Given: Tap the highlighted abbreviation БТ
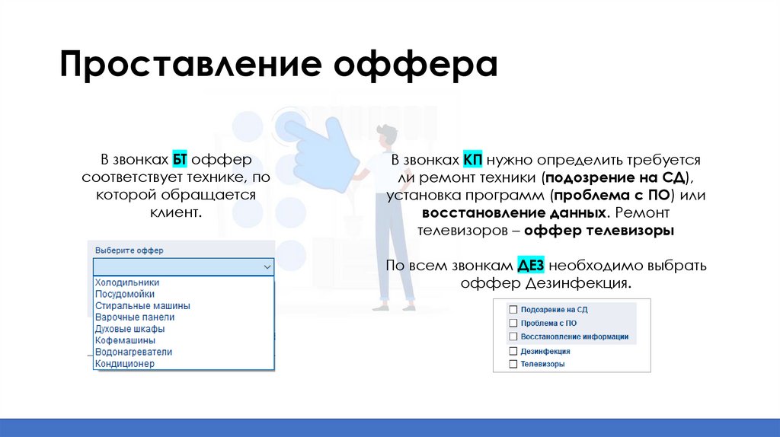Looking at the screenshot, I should tap(180, 161).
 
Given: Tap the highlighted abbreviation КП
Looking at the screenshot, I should tap(472, 161).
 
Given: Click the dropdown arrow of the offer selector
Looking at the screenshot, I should tap(267, 267).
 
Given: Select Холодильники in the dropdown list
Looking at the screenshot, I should tap(127, 282).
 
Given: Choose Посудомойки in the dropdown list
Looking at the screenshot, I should tap(125, 294).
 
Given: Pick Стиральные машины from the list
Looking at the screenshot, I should tap(142, 305).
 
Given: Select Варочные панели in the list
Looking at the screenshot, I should tap(135, 317).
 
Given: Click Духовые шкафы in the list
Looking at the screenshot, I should tap(129, 329).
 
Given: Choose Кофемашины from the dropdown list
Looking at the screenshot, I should tap(125, 340).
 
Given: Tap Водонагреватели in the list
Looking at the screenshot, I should tap(133, 352).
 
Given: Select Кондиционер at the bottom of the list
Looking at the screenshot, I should tap(125, 364).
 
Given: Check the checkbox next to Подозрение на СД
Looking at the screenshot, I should tap(513, 310).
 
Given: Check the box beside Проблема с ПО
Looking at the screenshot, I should tap(513, 323).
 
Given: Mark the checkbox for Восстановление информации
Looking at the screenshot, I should tap(513, 336).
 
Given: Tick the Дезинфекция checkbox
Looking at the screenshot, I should tap(513, 352).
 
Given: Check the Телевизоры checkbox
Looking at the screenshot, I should tap(513, 365).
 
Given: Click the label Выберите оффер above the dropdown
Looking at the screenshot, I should tap(129, 250).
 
